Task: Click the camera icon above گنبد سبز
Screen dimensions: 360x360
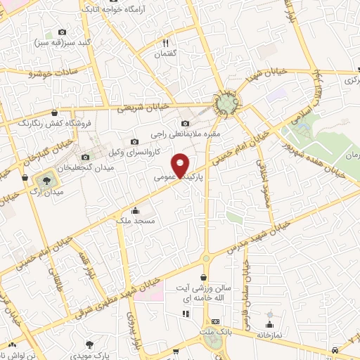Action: point(62,32)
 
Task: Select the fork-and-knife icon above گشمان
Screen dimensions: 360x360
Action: point(165,42)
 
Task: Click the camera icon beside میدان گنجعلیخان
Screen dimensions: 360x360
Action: point(86,157)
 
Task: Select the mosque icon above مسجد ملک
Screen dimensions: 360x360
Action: point(135,210)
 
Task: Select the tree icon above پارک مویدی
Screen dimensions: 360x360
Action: point(89,344)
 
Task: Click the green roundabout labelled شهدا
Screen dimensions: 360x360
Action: point(226,105)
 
